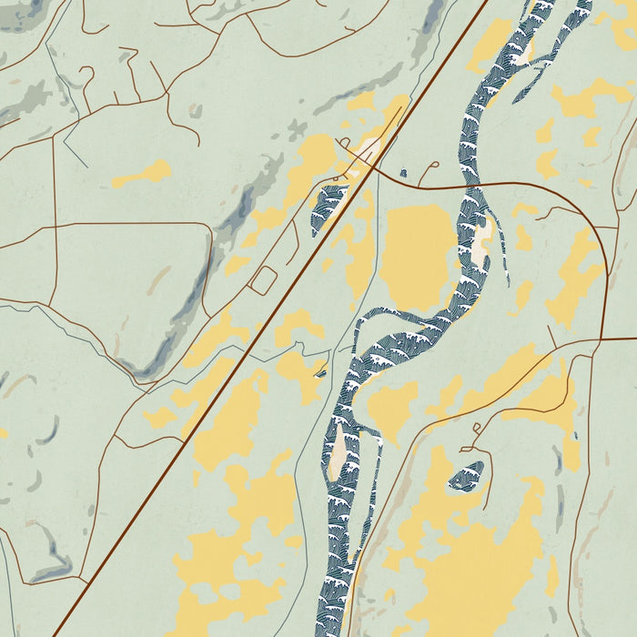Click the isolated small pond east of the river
(468, 474)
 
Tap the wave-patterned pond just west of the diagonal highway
(329, 205)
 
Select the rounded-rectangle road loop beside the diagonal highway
(263, 280)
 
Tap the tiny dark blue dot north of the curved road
(402, 173)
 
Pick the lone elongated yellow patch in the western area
(142, 173)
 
